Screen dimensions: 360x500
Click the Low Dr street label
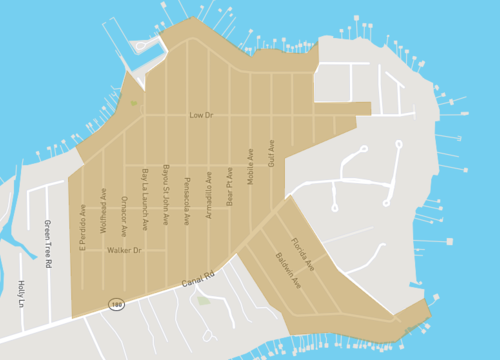[x=201, y=115]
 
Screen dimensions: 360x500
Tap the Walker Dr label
[x=125, y=250]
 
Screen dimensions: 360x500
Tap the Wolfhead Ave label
[x=103, y=209]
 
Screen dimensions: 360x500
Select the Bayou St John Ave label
[x=166, y=194]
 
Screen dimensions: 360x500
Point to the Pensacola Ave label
[x=187, y=201]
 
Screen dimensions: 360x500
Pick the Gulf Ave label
[x=270, y=152]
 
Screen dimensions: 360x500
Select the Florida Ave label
[x=302, y=254]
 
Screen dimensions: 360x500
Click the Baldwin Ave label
[x=287, y=270]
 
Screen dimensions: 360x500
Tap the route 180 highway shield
[x=117, y=303]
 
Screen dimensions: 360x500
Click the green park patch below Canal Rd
[x=204, y=299]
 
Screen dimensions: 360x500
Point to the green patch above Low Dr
[x=134, y=102]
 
